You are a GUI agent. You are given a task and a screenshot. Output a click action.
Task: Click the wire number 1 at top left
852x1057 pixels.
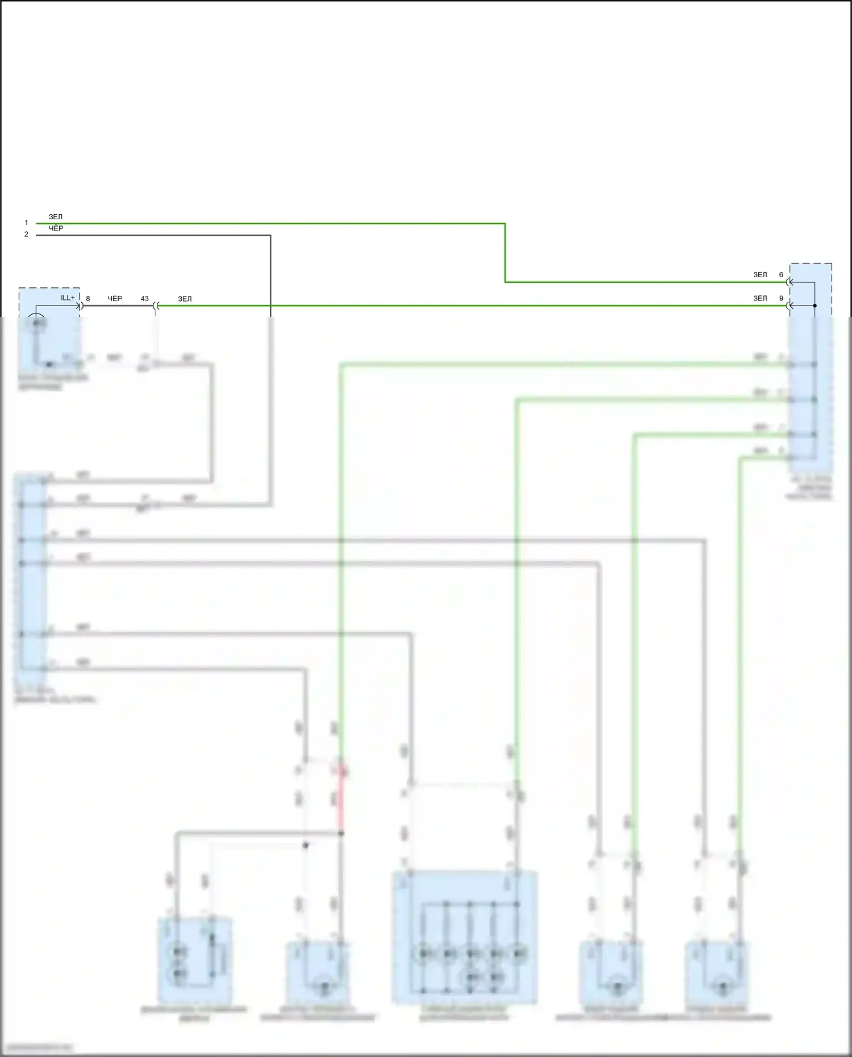click(x=26, y=223)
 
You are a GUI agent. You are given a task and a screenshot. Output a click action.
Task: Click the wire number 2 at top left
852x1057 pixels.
click(x=26, y=234)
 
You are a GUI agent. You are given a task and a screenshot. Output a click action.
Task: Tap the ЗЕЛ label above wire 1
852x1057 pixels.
click(x=56, y=217)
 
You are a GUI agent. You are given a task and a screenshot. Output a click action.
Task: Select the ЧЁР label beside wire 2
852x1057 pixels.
click(x=56, y=228)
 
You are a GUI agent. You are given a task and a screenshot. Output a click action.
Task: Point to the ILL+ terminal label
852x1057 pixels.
click(x=68, y=298)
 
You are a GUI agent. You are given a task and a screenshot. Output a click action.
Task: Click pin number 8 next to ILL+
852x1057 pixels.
click(x=88, y=298)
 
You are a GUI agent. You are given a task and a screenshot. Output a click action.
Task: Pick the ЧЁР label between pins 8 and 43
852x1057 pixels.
click(x=115, y=298)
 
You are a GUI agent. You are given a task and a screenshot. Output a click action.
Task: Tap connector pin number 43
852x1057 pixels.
click(x=145, y=298)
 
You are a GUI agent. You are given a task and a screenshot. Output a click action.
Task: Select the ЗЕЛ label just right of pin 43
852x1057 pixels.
click(x=185, y=299)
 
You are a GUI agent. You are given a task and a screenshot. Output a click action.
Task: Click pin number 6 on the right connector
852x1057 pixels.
click(x=781, y=275)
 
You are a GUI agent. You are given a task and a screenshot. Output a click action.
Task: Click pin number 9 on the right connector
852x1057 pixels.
click(x=781, y=298)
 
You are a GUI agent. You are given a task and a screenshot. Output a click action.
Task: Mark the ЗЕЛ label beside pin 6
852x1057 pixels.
click(x=760, y=275)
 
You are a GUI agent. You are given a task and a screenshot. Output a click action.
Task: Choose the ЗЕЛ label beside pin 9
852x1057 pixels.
click(x=760, y=298)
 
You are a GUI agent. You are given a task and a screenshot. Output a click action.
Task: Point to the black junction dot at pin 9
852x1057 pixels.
click(x=815, y=306)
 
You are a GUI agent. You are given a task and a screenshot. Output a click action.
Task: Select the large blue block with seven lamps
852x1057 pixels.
click(x=465, y=937)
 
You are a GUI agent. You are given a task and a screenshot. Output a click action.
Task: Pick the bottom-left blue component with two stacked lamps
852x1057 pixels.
click(x=195, y=960)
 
